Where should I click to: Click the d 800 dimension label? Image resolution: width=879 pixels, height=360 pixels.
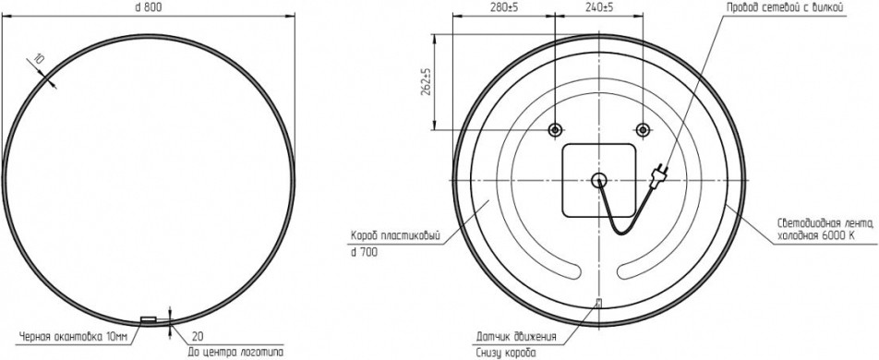(148, 7)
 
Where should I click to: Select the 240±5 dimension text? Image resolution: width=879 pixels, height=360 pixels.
(599, 7)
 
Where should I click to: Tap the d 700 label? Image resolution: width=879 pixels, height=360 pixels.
(364, 253)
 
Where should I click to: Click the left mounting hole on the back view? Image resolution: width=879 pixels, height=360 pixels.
(555, 130)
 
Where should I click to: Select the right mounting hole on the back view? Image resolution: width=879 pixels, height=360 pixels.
(643, 130)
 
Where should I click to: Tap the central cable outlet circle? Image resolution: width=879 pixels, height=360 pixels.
(598, 180)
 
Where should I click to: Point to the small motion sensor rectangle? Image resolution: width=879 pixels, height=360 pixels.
(597, 304)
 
